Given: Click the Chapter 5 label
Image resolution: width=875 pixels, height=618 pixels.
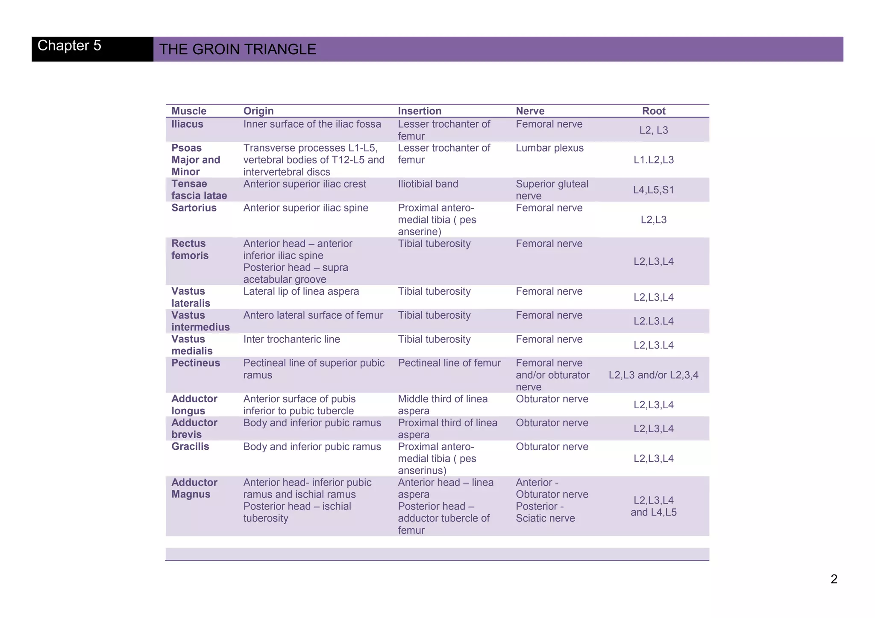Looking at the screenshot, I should [x=69, y=46].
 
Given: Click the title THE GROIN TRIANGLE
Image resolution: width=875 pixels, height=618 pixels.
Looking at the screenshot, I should [x=238, y=50].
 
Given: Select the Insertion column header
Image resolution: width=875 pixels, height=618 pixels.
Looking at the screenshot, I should [x=420, y=111].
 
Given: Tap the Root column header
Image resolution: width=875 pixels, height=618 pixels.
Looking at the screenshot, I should [x=654, y=111].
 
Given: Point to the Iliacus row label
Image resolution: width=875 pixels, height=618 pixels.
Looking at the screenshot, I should [x=187, y=124].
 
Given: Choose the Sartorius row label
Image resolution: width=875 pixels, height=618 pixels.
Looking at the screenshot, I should [x=194, y=208].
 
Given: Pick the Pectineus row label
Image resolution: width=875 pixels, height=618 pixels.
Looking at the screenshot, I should [x=196, y=363].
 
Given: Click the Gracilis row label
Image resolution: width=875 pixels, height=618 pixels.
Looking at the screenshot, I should [x=190, y=447].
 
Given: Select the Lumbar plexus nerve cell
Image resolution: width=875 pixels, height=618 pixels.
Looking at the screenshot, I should [x=549, y=148].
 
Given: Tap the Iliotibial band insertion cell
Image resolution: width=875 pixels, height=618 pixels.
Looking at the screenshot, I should [x=428, y=184].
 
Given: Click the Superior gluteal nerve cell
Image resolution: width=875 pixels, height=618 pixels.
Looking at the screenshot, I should [x=552, y=190].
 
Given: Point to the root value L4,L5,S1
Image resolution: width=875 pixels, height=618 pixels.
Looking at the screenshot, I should [x=653, y=190].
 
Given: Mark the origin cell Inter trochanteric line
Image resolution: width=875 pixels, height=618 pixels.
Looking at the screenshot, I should [x=291, y=340].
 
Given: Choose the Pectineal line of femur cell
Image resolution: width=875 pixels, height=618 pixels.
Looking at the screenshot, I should [x=449, y=363].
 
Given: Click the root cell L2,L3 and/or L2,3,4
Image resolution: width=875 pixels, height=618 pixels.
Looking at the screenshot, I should [x=653, y=375].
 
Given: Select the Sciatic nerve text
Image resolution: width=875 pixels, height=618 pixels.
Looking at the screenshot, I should [x=545, y=518].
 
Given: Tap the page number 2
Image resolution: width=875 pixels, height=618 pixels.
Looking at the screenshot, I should [x=834, y=579].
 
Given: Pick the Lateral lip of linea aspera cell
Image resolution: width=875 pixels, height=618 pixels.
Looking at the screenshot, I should [x=301, y=292].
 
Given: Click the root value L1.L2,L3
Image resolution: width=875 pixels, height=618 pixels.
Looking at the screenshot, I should [x=653, y=160].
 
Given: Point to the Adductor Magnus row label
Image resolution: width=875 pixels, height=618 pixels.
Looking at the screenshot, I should [x=194, y=488].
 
